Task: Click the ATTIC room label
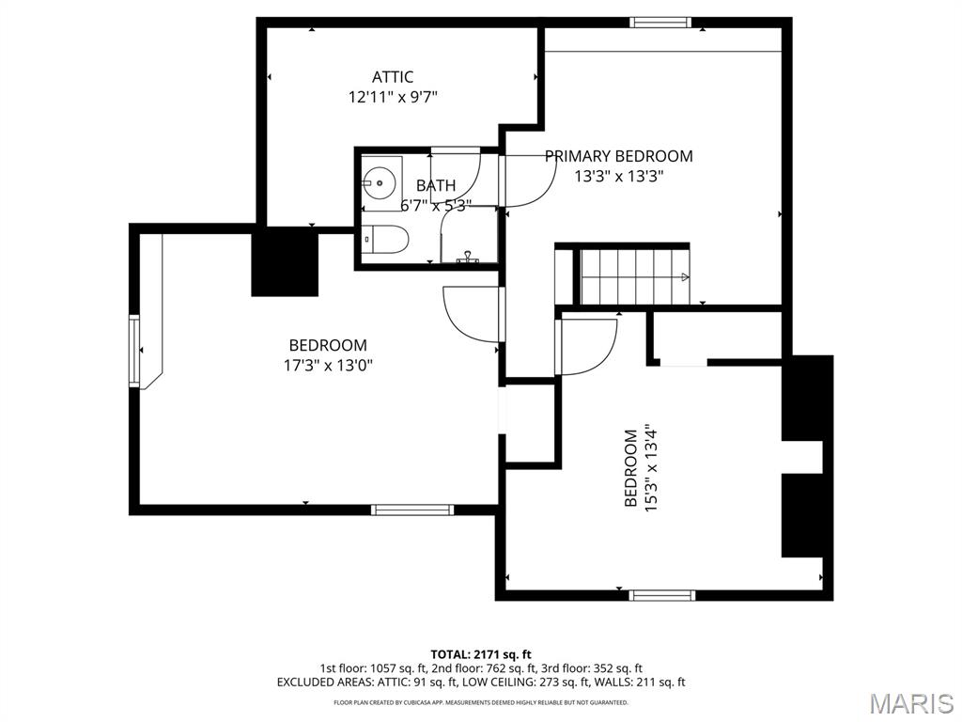(392, 77)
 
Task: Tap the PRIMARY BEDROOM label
(619, 156)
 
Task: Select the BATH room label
(435, 186)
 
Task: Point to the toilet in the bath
(385, 241)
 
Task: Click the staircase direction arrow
(685, 277)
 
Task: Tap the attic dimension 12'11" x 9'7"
(392, 96)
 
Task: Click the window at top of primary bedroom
(660, 23)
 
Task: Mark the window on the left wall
(134, 351)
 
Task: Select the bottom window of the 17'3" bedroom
(411, 510)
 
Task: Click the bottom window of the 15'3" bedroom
(661, 594)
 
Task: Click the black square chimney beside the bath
(284, 263)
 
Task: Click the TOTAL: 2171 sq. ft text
(481, 653)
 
